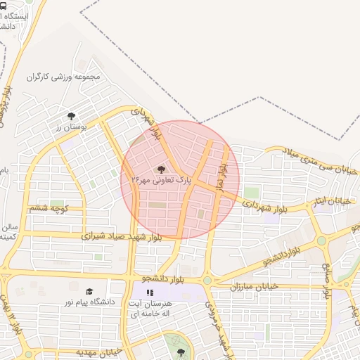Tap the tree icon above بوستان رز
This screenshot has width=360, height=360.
coord(70,116)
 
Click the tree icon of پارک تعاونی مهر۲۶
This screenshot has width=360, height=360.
coord(162,169)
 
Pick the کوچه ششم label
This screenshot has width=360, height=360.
coord(48,208)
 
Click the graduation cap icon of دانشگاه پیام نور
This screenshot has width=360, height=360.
coord(89,291)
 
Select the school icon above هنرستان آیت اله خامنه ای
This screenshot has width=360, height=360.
coord(149,292)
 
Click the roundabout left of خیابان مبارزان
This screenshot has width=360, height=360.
coord(207,281)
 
